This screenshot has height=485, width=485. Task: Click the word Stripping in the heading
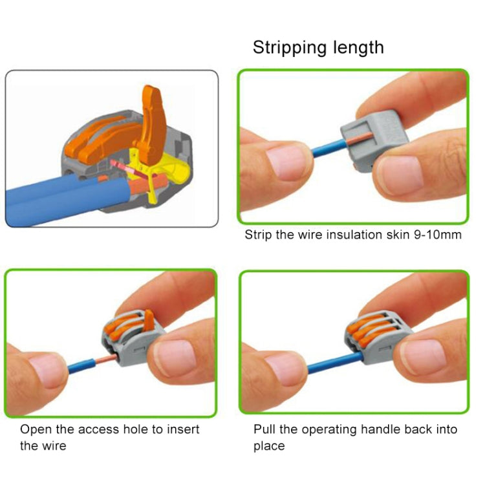click(288, 47)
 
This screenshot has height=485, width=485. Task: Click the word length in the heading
click(356, 47)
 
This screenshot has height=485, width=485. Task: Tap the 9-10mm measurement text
click(437, 235)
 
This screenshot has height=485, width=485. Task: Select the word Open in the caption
click(34, 429)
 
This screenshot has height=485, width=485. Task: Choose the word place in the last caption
click(269, 446)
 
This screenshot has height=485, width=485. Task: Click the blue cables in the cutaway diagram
click(52, 200)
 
